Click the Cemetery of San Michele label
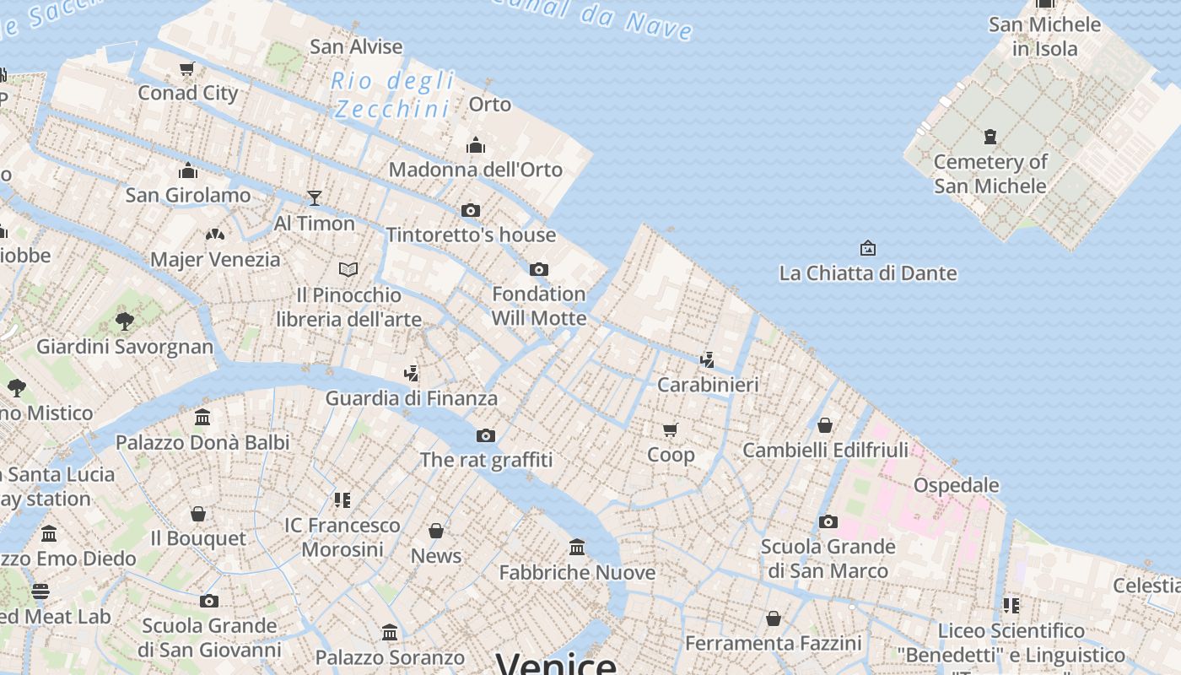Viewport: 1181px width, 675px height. tap(990, 174)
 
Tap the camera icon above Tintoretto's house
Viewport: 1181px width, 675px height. tap(471, 210)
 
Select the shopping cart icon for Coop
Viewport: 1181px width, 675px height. tap(671, 430)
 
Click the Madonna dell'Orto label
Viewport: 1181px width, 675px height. tap(475, 170)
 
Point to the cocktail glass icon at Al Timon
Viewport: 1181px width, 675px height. tap(315, 197)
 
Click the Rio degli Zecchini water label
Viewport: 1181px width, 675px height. tap(393, 95)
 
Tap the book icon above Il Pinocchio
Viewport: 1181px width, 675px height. tap(348, 269)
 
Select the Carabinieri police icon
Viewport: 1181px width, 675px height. tap(708, 360)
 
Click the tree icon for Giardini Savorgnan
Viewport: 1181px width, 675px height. tap(125, 321)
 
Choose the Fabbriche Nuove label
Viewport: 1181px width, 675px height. tap(577, 573)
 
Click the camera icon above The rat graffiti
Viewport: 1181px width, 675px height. tap(486, 435)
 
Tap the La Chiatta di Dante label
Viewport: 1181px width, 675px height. tap(868, 273)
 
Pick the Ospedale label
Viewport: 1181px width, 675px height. tap(957, 485)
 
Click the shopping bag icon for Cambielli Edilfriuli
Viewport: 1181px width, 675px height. tap(825, 425)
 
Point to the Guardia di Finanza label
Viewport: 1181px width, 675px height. tap(412, 398)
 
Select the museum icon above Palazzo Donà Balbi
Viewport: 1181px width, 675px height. tap(202, 417)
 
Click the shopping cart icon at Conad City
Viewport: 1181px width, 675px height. tap(187, 68)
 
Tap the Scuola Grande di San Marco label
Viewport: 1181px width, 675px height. tap(828, 559)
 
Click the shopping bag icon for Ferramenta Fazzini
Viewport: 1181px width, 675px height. tap(774, 618)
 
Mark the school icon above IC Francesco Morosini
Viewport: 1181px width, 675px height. tap(342, 500)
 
